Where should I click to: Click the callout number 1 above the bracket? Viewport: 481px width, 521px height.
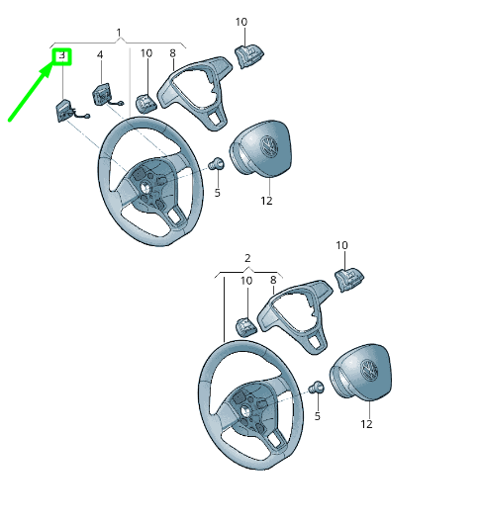119,33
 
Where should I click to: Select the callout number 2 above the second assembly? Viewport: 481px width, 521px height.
247,258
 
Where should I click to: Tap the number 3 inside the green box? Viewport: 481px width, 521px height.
62,55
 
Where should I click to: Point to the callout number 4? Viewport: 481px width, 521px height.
100,54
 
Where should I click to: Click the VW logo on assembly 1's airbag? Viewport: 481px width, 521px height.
269,145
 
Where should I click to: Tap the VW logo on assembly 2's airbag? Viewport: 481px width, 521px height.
369,369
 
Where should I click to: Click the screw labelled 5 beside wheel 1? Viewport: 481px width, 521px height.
216,164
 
